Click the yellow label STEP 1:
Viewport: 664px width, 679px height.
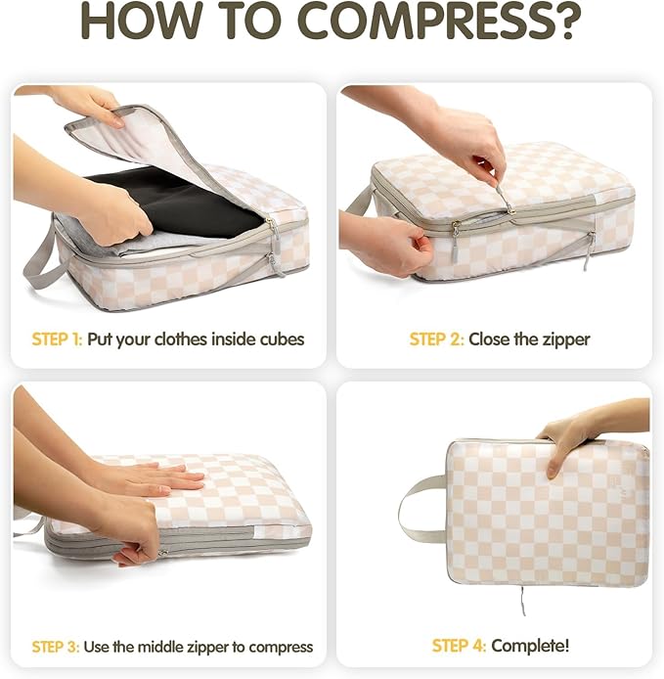coord(57,339)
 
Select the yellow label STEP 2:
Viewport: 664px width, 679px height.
coord(437,339)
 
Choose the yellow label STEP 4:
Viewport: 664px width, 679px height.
coord(460,646)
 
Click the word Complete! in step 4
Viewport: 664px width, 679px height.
coord(530,646)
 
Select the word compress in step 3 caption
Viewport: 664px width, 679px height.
coord(280,647)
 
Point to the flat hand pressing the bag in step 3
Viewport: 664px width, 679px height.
coord(156,479)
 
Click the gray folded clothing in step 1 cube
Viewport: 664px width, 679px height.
coord(127,242)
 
